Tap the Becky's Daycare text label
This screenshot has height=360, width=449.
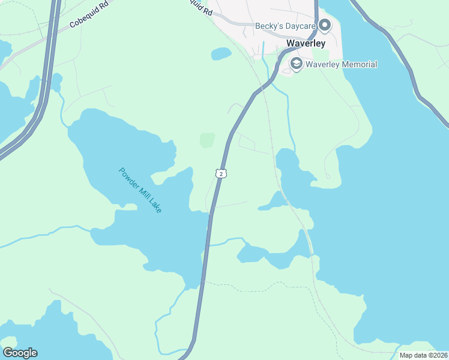[x=285, y=26]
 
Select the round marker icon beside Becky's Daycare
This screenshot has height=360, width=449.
[x=325, y=25]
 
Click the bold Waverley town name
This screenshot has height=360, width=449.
[x=306, y=44]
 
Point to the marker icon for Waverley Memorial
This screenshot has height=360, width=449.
[x=296, y=64]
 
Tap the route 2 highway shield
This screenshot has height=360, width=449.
[x=221, y=173]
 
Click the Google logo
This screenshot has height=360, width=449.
[x=20, y=353]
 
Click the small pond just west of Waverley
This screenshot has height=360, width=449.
[x=221, y=54]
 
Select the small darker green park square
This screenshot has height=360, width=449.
[x=206, y=140]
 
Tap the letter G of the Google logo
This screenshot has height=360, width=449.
[x=7, y=352]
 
